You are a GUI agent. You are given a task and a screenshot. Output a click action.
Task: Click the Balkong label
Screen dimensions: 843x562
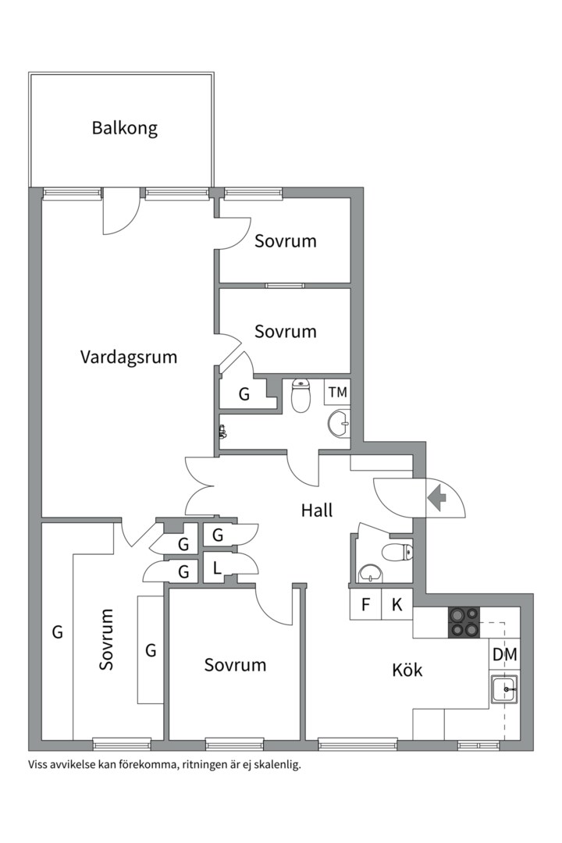pyautogui.click(x=125, y=128)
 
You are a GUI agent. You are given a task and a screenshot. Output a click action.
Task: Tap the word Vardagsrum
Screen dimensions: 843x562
pyautogui.click(x=129, y=357)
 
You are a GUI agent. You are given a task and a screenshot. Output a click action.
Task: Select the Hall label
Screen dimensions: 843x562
pyautogui.click(x=317, y=510)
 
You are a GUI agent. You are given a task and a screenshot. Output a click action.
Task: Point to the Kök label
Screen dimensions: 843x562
pyautogui.click(x=407, y=670)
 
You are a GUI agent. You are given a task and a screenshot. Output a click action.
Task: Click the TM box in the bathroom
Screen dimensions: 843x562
pyautogui.click(x=337, y=392)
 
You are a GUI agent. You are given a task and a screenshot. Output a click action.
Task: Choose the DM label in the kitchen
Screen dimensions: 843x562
pyautogui.click(x=505, y=655)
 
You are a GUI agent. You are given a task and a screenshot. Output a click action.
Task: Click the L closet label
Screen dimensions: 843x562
pyautogui.click(x=216, y=569)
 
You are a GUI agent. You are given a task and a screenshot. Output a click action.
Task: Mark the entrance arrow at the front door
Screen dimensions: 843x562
pyautogui.click(x=436, y=497)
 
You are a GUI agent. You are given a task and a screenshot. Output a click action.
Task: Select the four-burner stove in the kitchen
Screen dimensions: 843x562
pyautogui.click(x=464, y=622)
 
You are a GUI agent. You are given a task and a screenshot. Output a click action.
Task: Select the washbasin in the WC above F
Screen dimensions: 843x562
pyautogui.click(x=370, y=575)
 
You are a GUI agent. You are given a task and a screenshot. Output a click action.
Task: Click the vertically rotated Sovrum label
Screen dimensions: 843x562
pyautogui.click(x=107, y=639)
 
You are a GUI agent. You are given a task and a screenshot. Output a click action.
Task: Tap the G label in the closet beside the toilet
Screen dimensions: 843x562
pyautogui.click(x=244, y=395)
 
